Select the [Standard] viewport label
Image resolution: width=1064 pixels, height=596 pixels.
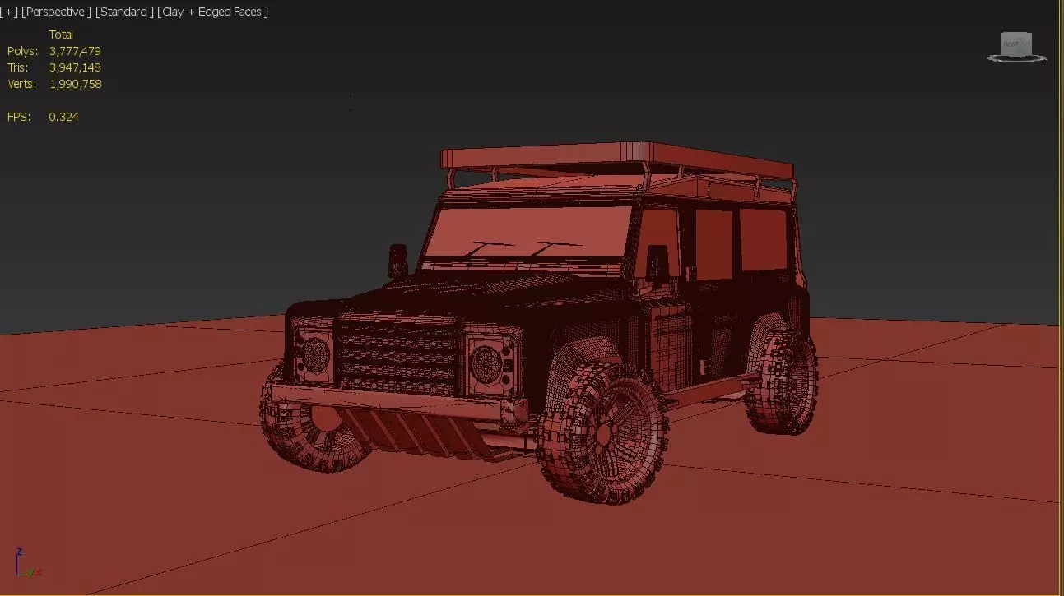tap(124, 12)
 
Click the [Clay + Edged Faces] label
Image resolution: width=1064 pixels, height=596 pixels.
tap(212, 12)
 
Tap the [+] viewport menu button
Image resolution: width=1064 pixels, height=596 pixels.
tap(9, 12)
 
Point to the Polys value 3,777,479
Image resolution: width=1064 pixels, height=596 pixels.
tap(75, 51)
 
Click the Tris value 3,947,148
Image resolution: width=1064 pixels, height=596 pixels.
tap(75, 67)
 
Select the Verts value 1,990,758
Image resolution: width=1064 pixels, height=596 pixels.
tap(75, 84)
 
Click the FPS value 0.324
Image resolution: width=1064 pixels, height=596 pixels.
tap(63, 117)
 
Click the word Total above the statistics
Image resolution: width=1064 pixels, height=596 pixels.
tap(61, 35)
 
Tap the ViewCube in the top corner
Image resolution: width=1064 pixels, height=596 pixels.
tap(1016, 46)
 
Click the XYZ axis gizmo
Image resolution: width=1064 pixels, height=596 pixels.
tap(26, 564)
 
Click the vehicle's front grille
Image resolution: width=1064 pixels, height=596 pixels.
tap(398, 356)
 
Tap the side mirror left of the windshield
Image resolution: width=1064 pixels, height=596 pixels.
tap(398, 259)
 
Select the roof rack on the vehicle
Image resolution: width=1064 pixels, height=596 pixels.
tap(617, 164)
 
